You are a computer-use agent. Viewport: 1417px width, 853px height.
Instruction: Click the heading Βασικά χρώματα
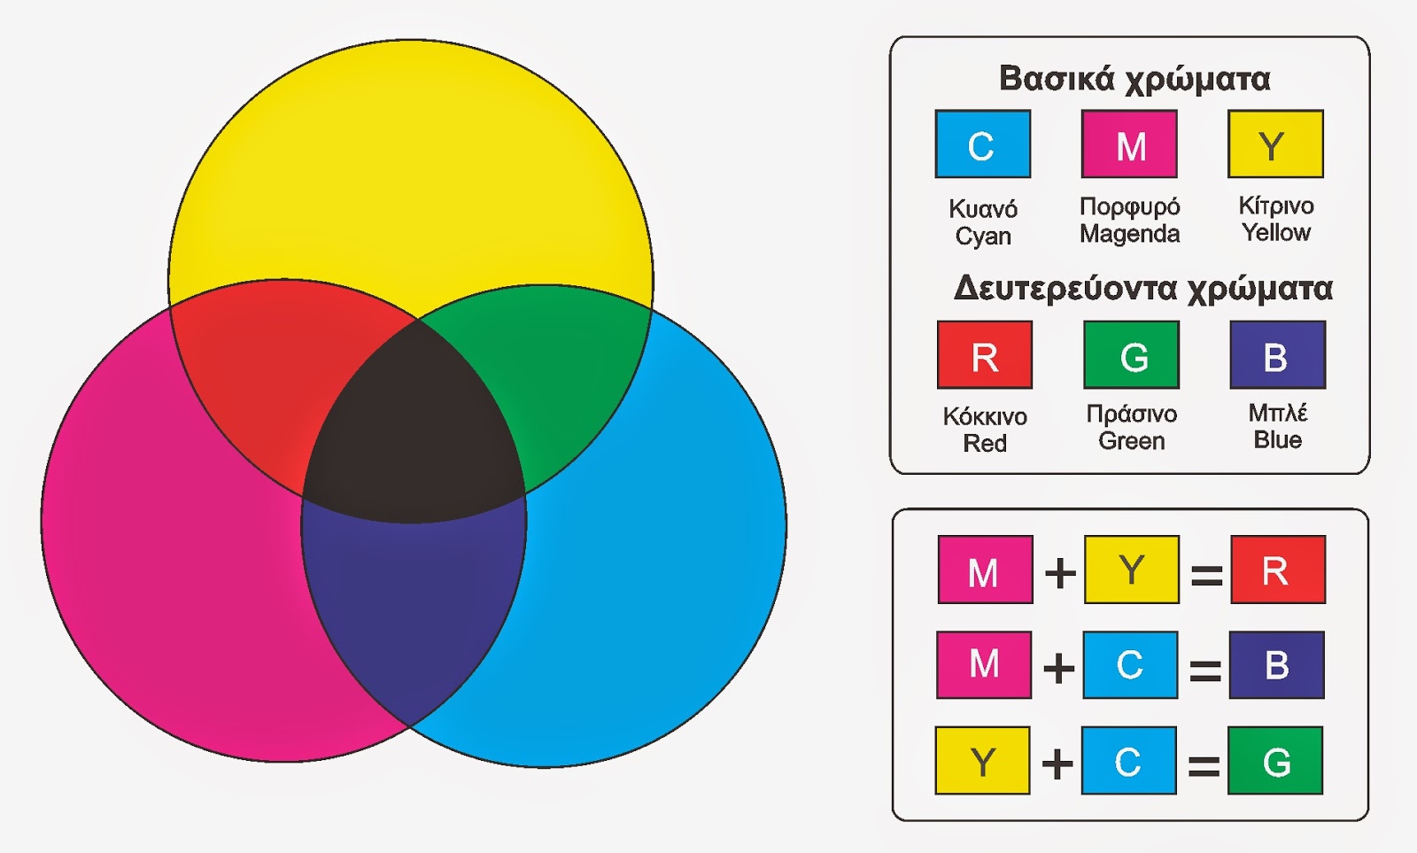point(1134,80)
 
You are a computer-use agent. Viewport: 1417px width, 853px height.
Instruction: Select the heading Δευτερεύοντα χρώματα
point(1142,289)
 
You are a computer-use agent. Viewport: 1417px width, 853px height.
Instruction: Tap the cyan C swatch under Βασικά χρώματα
point(983,143)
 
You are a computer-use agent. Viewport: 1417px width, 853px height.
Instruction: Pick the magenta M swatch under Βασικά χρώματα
point(1129,143)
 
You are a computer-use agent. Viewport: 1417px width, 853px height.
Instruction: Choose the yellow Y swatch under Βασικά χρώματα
point(1275,143)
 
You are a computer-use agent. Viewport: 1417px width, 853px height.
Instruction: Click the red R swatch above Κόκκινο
point(984,354)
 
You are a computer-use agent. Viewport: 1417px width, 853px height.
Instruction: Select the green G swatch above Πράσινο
point(1131,354)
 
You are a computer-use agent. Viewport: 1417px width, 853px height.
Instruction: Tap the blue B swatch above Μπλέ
point(1278,354)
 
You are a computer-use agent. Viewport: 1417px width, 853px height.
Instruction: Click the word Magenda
point(1130,234)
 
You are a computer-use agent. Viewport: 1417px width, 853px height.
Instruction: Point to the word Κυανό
point(983,208)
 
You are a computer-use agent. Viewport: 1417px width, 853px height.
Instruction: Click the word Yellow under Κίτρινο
point(1276,232)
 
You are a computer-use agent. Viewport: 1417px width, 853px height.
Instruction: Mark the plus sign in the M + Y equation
point(1060,574)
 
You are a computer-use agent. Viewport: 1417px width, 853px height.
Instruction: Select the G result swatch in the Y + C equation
point(1275,760)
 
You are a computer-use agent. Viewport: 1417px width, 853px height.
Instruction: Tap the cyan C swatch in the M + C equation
point(1130,664)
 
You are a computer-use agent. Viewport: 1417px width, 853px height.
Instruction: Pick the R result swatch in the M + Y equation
point(1278,569)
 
